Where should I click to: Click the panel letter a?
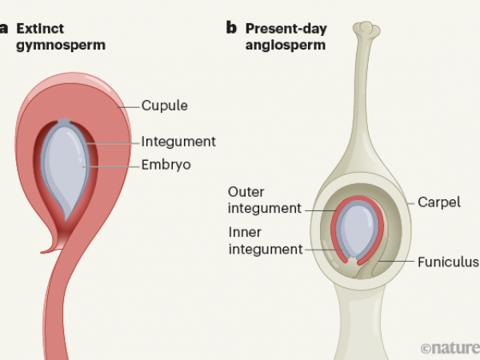point(4,28)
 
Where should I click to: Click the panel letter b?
point(231,28)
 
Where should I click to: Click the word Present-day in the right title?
point(285,28)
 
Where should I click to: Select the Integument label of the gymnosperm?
point(178,142)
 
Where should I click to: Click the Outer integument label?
point(265,200)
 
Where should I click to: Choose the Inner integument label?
point(265,241)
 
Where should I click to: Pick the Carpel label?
point(438,202)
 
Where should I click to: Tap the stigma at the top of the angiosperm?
point(366,30)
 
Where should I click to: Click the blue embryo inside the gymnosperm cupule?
point(67,164)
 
